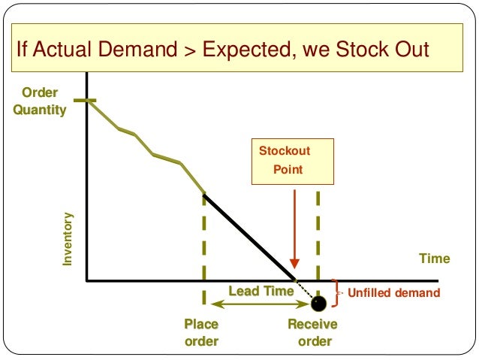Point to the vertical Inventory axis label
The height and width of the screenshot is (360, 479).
[68, 238]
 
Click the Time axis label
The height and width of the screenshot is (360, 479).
[434, 259]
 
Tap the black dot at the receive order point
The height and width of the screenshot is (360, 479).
[318, 304]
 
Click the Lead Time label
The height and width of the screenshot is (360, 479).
[261, 291]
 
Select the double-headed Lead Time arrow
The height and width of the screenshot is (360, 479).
[259, 304]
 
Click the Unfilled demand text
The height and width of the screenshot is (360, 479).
[393, 293]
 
